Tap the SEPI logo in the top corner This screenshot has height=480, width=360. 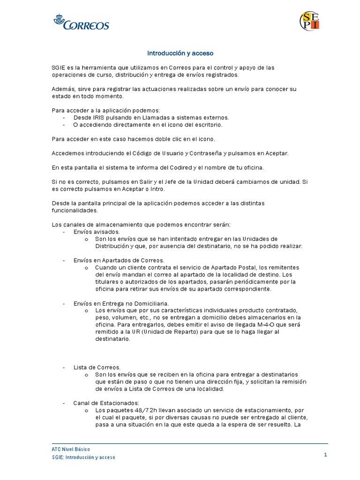pyautogui.click(x=310, y=21)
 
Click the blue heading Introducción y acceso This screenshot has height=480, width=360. pyautogui.click(x=180, y=53)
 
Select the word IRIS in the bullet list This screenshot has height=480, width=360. pyautogui.click(x=98, y=117)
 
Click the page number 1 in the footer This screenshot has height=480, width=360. pyautogui.click(x=325, y=454)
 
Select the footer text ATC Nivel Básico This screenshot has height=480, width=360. pyautogui.click(x=70, y=449)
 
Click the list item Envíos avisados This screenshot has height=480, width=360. pyautogui.click(x=97, y=232)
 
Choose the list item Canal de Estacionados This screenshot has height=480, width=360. pyautogui.click(x=106, y=403)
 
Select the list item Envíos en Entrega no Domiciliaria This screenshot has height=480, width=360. pyautogui.click(x=121, y=303)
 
